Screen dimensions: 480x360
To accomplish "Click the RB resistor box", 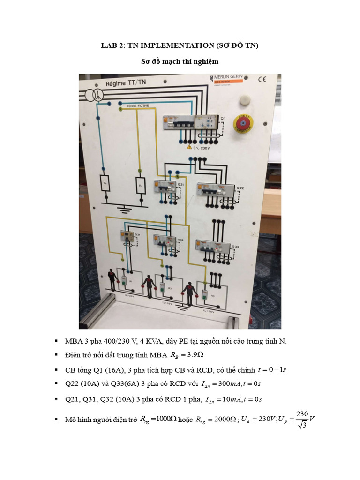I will (x=105, y=184).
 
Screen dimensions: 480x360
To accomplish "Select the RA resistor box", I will (x=140, y=185).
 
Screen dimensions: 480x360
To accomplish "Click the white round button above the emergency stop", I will (x=243, y=100).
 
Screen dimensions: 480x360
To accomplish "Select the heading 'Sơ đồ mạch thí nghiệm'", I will (x=180, y=61).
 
